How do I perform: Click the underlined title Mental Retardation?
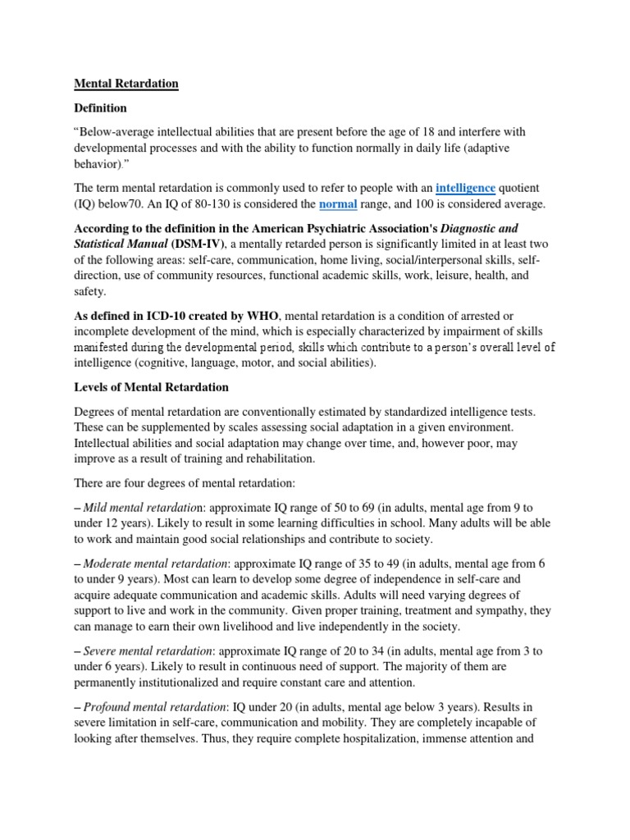126,84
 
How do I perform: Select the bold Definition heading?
102,107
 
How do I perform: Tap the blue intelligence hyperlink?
465,188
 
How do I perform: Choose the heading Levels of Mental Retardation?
152,386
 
